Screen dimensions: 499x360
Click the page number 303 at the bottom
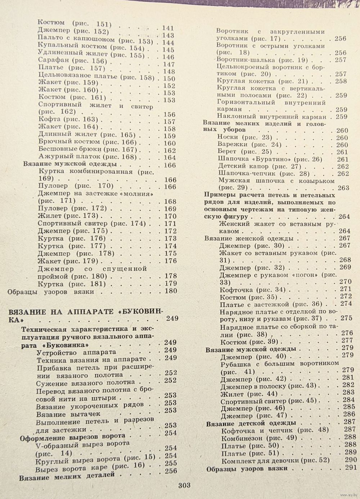[x=184, y=485]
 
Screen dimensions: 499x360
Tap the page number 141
[x=168, y=28]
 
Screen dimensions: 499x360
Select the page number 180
[x=170, y=291]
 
